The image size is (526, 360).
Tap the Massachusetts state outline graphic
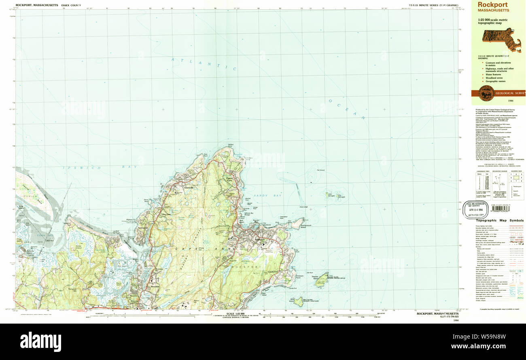(x=501, y=39)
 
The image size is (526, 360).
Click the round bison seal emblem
(x=486, y=93)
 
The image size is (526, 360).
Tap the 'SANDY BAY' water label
(x=261, y=195)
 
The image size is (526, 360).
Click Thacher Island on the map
(x=322, y=280)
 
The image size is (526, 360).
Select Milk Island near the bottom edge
(x=299, y=301)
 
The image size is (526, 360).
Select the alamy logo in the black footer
(x=40, y=341)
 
